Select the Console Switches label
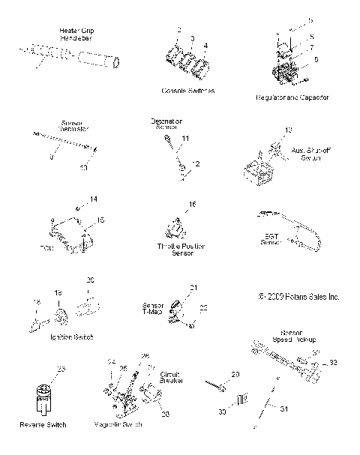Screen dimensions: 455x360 [x=187, y=90]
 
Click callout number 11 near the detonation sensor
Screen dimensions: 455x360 [x=186, y=139]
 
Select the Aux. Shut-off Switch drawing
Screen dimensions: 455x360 [x=264, y=169]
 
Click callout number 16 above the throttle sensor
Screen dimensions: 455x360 [x=192, y=205]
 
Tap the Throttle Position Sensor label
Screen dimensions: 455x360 [x=182, y=250]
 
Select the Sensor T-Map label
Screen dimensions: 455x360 [x=153, y=310]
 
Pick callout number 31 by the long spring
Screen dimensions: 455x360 [x=284, y=408]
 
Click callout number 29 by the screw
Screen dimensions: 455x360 [x=234, y=374]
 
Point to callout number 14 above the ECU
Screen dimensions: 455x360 [x=94, y=199]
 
